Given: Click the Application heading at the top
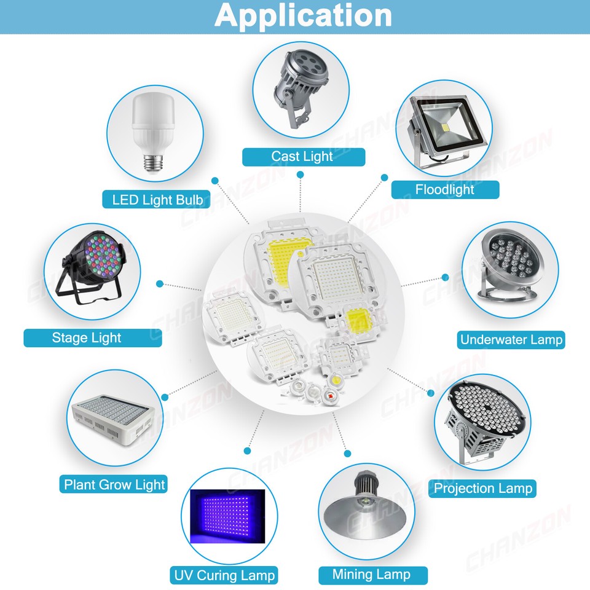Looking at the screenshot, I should (303, 16).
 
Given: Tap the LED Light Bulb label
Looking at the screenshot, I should (157, 199).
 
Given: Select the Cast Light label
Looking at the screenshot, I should (302, 157).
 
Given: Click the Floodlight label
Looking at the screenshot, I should (444, 189).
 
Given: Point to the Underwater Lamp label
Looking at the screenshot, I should (511, 339).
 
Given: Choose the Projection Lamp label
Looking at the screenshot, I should (482, 489).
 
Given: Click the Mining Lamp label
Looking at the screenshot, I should (371, 575).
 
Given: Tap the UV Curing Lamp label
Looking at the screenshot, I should (224, 575).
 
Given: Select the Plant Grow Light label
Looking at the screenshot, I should (115, 484).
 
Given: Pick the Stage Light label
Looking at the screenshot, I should (87, 337).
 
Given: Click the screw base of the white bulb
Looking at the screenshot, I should (150, 162).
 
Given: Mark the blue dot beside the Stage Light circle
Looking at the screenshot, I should (160, 284).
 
